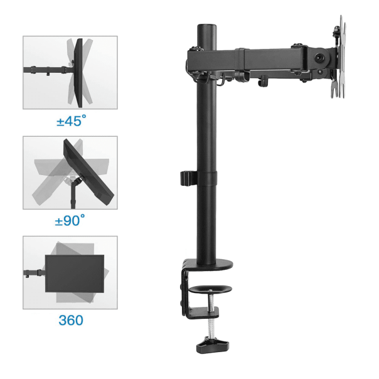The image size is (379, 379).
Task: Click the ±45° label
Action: coord(70,121)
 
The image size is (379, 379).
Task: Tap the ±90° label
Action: coord(70,221)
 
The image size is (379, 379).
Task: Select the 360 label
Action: coord(70,320)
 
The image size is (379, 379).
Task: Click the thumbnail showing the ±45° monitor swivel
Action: coord(70,73)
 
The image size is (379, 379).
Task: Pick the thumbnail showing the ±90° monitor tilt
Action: coord(70,173)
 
